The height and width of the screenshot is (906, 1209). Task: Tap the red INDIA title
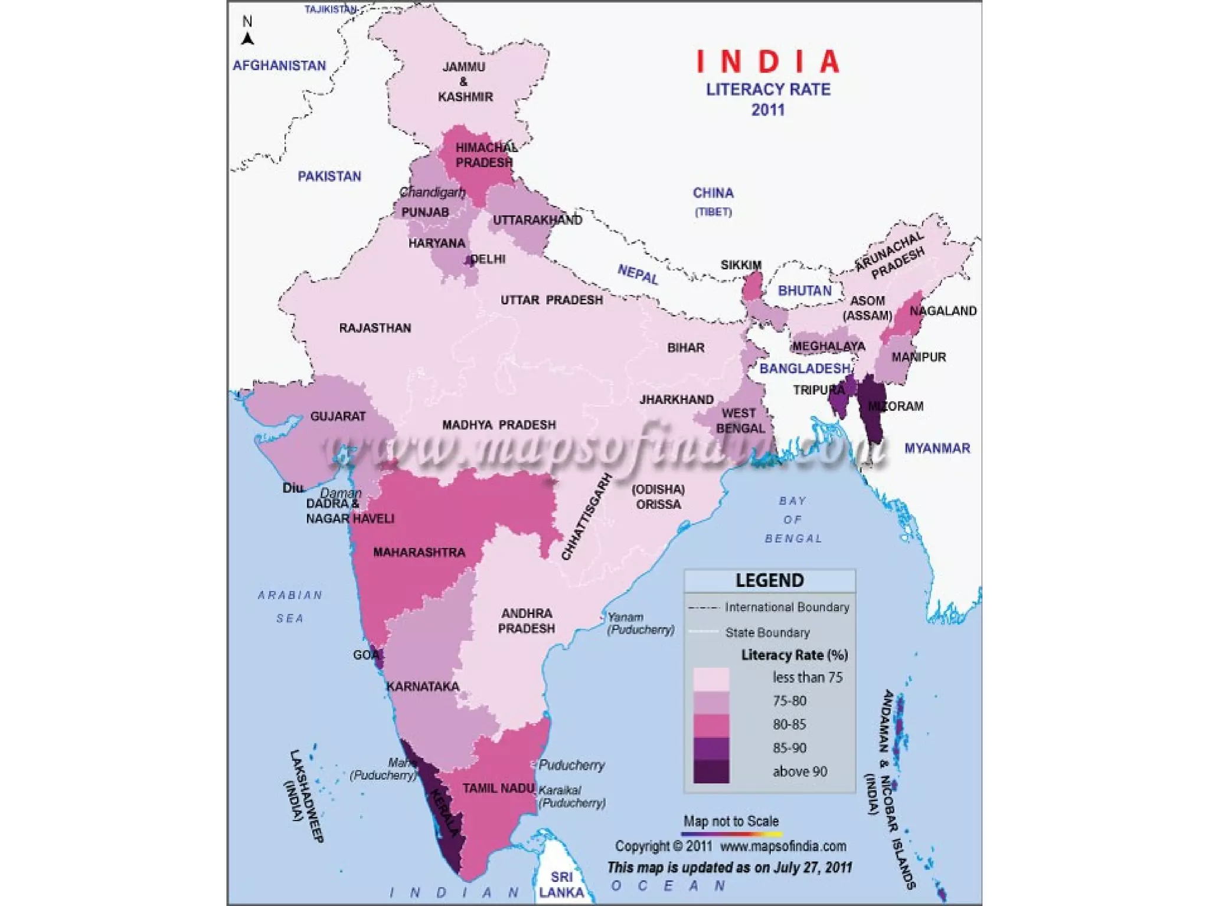(768, 61)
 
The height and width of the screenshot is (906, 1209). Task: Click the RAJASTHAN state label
(375, 328)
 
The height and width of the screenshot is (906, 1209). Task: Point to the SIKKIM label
(741, 265)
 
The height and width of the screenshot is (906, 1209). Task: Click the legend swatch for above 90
(711, 772)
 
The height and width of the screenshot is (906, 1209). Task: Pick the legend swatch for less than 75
(711, 678)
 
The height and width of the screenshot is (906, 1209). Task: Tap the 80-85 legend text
(789, 724)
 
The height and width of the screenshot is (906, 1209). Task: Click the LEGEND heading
(769, 580)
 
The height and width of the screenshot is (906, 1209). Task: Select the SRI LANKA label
(561, 885)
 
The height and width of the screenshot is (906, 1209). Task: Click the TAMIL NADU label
(498, 789)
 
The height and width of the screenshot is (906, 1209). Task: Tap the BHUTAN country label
(805, 291)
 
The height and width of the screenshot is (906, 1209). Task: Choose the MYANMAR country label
(937, 448)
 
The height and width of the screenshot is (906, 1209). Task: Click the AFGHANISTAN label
(279, 65)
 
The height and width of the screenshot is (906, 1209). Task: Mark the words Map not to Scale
(731, 821)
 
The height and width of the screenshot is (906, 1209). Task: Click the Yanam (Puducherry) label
(641, 623)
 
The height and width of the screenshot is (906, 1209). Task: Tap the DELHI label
(488, 259)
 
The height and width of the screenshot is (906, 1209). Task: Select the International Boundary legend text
(787, 607)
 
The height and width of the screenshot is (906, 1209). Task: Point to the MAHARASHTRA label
(419, 553)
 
